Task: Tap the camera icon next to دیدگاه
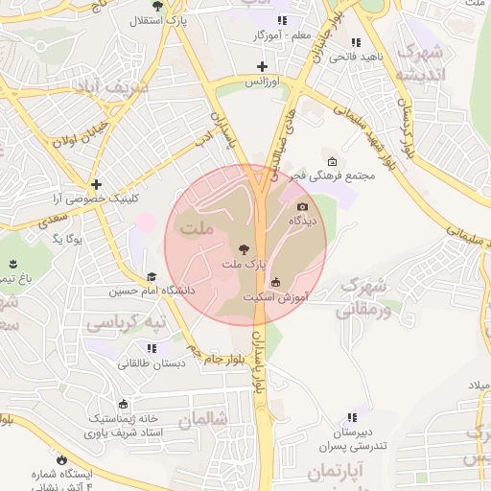tap(303, 206)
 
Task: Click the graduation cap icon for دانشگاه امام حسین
tap(152, 277)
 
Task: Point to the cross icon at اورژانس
tap(262, 66)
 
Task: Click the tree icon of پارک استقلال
tap(157, 6)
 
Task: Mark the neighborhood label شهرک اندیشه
tap(422, 61)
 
